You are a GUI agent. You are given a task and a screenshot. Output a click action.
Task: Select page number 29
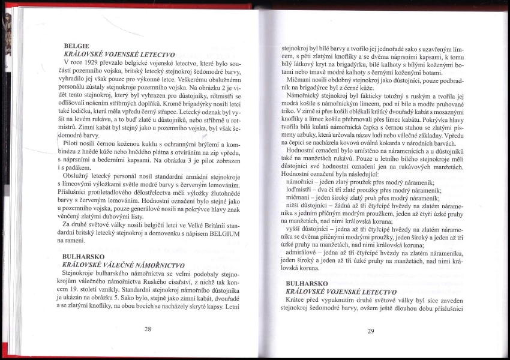tap(371, 331)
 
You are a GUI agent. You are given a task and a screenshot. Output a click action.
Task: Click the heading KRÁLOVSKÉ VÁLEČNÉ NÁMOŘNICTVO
tap(123, 265)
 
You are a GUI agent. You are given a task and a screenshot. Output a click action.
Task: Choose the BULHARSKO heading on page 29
tap(307, 283)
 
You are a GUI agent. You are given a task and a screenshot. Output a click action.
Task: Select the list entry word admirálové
tap(307, 253)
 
